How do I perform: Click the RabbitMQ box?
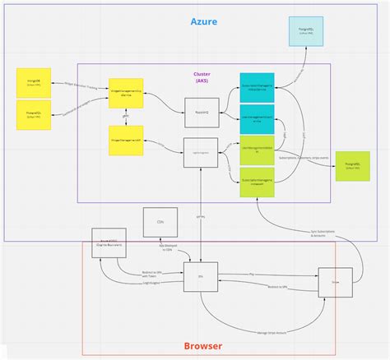(x=199, y=108)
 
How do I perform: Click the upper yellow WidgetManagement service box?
(x=127, y=93)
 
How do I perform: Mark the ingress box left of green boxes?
(x=199, y=153)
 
